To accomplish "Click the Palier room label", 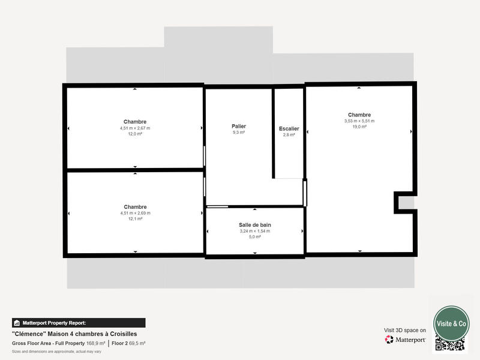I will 239,126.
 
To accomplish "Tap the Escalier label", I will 289,128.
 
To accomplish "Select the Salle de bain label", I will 254,224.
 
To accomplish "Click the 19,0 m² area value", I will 359,127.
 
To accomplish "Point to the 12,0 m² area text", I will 135,134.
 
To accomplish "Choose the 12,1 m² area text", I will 135,219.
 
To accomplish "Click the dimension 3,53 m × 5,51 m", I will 359,121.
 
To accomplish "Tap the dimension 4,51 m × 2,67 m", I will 135,128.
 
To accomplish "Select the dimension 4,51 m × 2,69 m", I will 135,213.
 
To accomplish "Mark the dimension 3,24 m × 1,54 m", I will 254,231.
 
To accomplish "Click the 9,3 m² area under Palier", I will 239,132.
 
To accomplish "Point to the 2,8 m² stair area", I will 289,135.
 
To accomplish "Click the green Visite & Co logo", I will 451,323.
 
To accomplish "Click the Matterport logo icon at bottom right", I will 389,340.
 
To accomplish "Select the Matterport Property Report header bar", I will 79,322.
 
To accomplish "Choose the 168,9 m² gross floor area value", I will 96,343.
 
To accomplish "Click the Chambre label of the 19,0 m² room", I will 359,115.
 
